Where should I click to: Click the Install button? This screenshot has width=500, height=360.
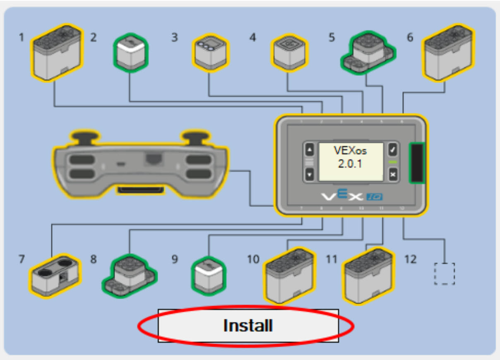click(x=248, y=326)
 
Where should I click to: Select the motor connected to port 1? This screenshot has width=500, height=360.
click(x=57, y=53)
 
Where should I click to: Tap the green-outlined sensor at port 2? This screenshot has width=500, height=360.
click(x=130, y=53)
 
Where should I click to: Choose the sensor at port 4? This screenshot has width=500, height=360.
click(x=289, y=53)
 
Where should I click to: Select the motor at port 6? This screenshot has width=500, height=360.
click(x=448, y=53)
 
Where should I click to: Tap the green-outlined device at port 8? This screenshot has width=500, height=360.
click(x=129, y=274)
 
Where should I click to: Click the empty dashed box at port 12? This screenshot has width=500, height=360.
click(x=445, y=274)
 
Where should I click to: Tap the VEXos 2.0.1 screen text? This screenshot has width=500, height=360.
click(x=351, y=157)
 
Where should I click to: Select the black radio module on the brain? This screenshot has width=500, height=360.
click(x=416, y=163)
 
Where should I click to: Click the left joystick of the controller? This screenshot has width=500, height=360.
click(x=85, y=137)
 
